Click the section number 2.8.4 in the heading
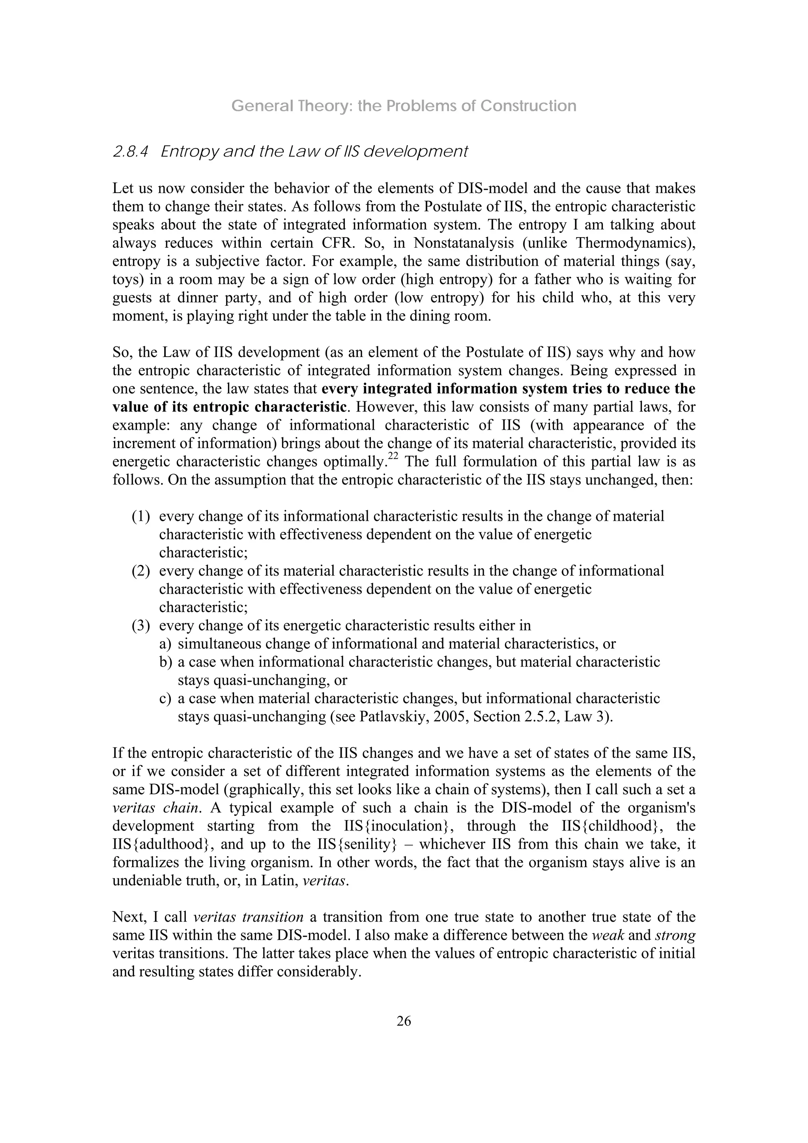pos(131,152)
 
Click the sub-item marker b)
pos(165,662)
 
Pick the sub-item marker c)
pos(165,698)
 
